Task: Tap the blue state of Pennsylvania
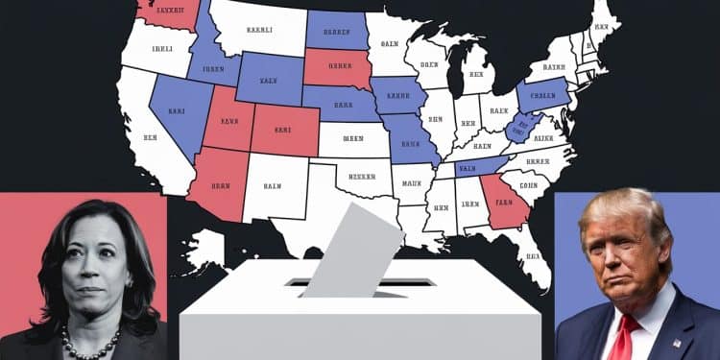tap(542, 96)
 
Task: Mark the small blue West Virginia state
tap(521, 126)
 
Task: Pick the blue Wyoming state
tap(270, 78)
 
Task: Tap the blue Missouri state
tap(412, 139)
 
